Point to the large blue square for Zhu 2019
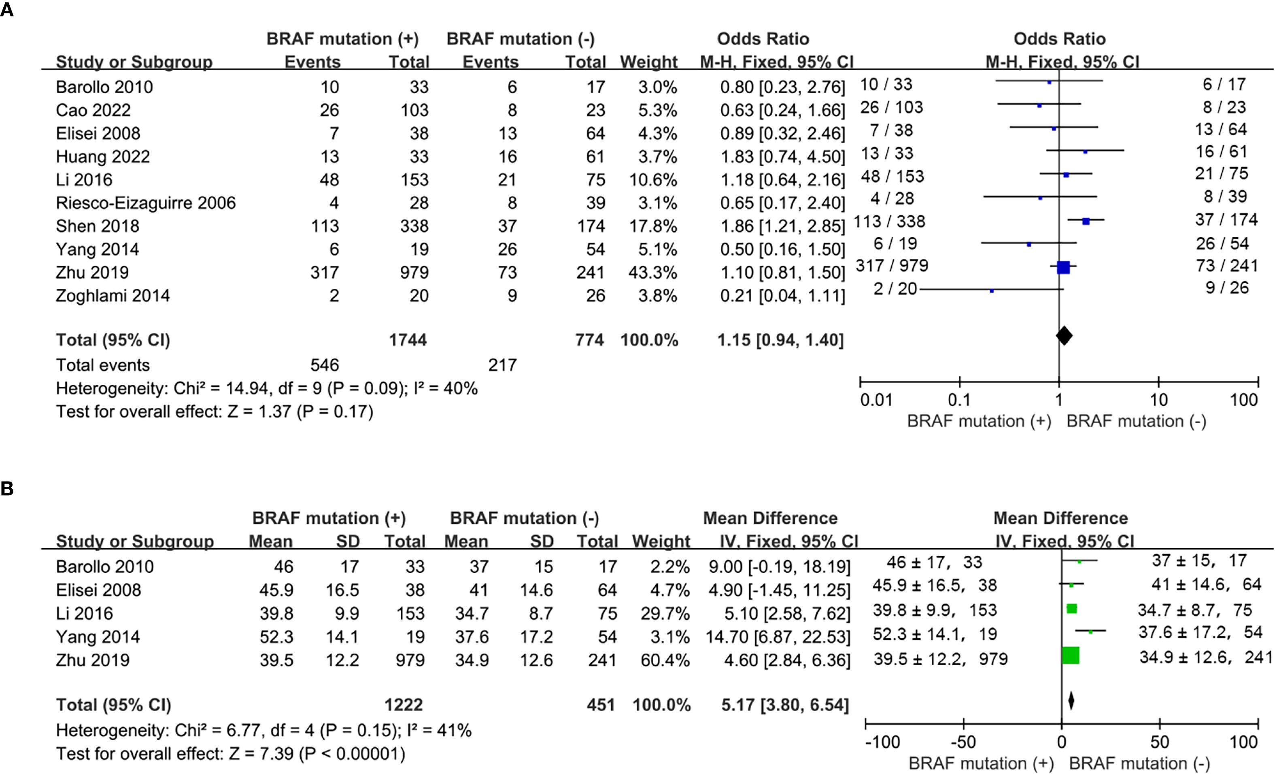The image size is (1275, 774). click(1063, 267)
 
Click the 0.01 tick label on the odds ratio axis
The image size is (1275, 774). click(875, 400)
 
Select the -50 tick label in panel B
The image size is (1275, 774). click(963, 742)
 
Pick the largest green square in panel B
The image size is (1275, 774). click(1070, 655)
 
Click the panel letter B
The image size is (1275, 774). click(7, 488)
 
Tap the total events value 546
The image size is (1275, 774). click(325, 365)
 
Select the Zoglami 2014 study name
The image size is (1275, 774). click(113, 296)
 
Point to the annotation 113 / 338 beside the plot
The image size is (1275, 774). click(889, 222)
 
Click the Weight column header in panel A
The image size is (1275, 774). click(648, 62)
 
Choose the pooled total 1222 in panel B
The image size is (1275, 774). click(404, 705)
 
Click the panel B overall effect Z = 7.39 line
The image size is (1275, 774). click(230, 753)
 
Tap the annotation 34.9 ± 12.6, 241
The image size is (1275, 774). click(1205, 657)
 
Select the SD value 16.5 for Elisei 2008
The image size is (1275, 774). click(342, 590)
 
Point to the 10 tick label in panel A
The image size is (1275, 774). click(1158, 400)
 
